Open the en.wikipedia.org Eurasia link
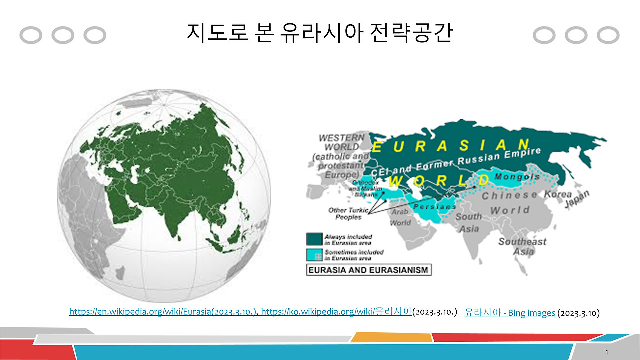(163, 312)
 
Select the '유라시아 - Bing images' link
(509, 313)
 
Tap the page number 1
(606, 353)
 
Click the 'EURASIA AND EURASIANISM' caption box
(369, 270)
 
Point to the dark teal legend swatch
(314, 239)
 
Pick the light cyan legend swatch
(314, 255)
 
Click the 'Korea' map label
(558, 194)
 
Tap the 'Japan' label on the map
(577, 198)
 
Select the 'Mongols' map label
(517, 177)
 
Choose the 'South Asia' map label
(468, 223)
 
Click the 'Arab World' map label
(400, 217)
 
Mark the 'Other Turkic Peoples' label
(348, 214)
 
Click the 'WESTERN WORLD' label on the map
(342, 142)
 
